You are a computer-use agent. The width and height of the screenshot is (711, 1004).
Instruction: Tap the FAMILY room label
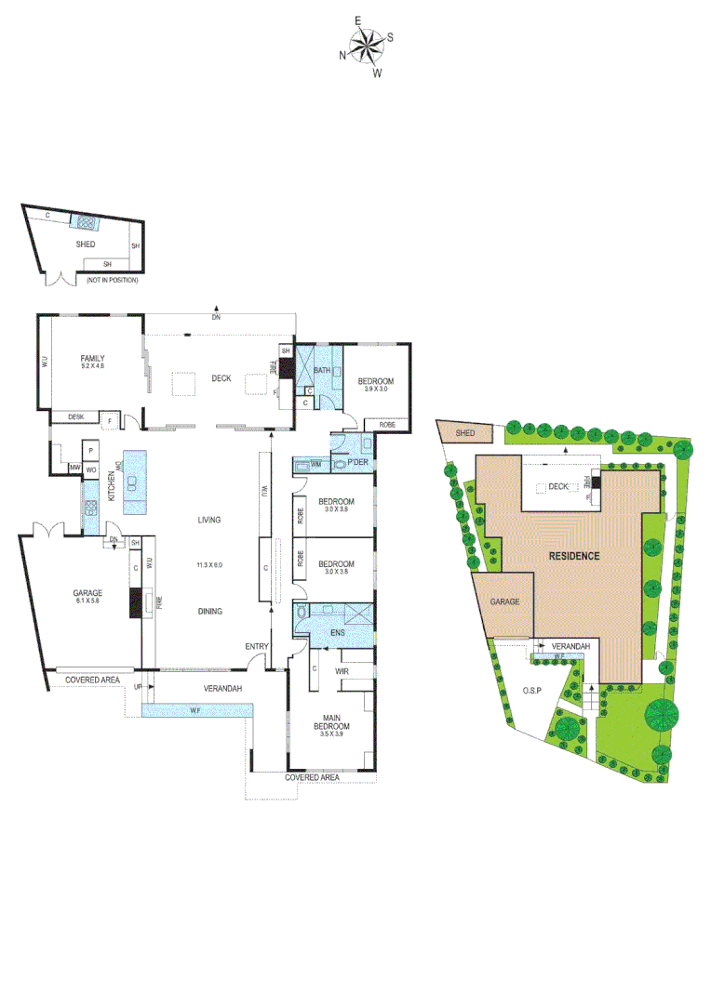pos(91,358)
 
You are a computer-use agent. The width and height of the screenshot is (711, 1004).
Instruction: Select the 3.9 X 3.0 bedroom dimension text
pos(376,390)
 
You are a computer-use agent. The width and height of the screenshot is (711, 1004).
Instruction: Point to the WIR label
pos(342,669)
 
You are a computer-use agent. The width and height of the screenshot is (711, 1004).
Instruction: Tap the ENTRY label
pos(257,646)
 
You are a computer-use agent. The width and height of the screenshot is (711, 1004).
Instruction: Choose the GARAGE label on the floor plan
pos(87,592)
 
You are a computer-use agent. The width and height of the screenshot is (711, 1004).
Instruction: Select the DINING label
pos(208,611)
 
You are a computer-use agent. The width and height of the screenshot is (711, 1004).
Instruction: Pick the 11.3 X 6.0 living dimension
pos(208,565)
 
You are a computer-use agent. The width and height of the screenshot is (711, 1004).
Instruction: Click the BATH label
pos(322,372)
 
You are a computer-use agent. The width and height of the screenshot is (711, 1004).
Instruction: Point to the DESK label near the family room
pos(75,416)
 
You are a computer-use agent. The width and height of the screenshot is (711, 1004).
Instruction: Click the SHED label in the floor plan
pos(87,244)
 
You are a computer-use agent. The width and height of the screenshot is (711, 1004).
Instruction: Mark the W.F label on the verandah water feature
pos(195,711)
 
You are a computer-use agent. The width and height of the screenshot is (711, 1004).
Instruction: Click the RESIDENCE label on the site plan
pos(572,555)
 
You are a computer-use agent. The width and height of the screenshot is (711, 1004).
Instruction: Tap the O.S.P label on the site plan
pos(531,691)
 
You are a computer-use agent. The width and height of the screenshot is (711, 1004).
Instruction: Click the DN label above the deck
pos(216,317)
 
